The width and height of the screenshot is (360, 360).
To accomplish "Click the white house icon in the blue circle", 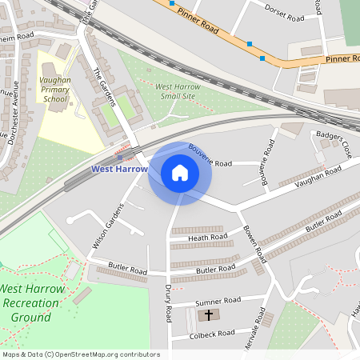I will coord(180,173).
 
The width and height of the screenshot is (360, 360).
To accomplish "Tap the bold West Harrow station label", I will coord(119,169).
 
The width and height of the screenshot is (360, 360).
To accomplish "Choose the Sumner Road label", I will coord(218,301).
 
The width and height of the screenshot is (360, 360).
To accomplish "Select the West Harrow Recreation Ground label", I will coord(37,302).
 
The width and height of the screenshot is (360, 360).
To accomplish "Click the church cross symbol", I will coord(209,314).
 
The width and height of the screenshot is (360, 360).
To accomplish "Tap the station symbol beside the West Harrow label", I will coord(120,157).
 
